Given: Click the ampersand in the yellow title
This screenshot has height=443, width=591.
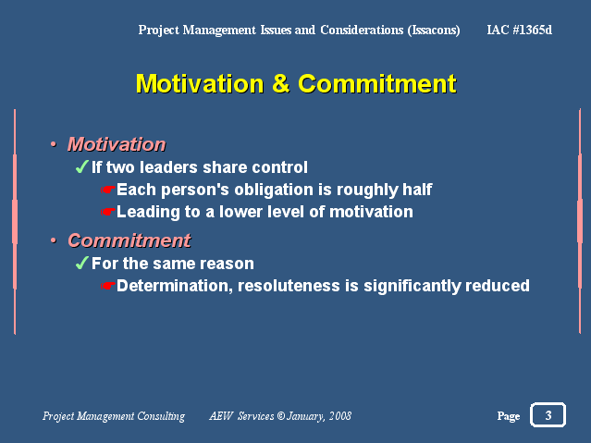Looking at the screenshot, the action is (281, 83).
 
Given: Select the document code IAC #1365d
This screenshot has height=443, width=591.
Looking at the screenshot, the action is (520, 30).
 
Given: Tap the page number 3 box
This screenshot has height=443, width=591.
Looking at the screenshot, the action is (548, 414).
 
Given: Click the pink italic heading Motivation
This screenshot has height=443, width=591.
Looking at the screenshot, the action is (117, 144).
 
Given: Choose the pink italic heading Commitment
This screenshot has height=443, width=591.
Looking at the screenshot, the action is (129, 240).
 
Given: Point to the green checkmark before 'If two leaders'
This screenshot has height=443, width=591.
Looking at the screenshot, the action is (81, 166).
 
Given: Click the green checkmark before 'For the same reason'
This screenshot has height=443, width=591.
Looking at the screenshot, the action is (81, 263).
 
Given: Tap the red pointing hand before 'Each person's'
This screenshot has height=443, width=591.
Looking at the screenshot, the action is (107, 190).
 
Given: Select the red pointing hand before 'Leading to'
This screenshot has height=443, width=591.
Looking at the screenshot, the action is (107, 212).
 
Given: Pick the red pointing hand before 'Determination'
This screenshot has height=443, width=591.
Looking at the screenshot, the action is (107, 286).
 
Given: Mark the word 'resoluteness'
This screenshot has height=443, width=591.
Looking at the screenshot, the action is (289, 286).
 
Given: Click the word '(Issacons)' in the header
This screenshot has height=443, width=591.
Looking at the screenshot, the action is (434, 30).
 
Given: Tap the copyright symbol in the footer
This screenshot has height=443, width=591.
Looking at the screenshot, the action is (281, 416).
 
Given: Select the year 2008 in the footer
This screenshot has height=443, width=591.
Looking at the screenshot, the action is (340, 416).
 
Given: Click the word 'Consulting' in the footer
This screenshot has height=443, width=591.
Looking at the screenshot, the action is (161, 416).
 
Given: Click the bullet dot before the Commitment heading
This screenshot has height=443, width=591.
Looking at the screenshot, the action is (54, 240).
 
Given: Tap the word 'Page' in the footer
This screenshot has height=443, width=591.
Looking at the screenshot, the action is (509, 416).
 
